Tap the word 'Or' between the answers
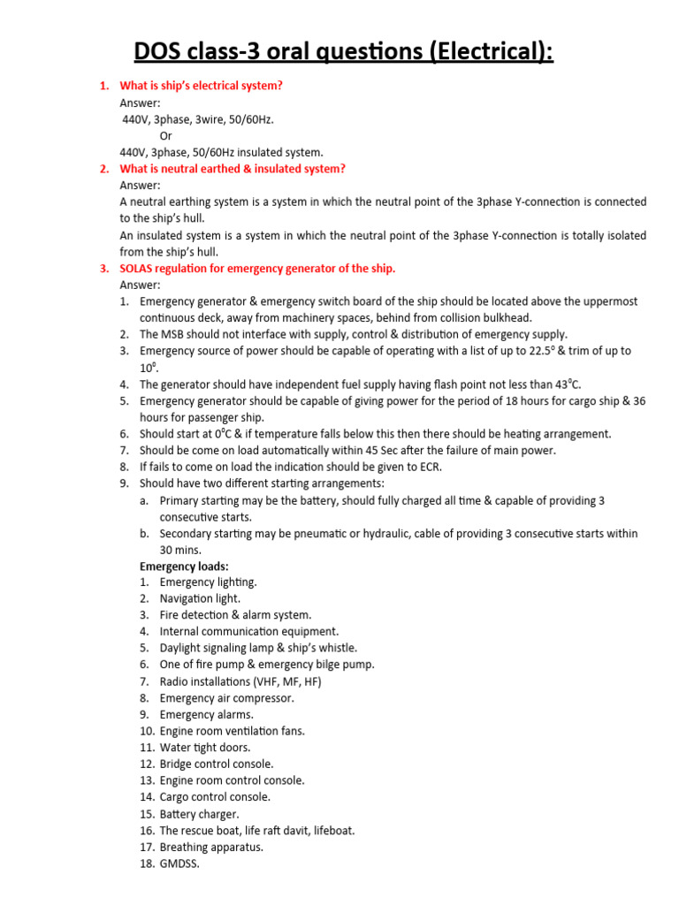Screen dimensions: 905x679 pyautogui.click(x=166, y=135)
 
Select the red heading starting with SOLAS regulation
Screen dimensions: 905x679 pyautogui.click(x=257, y=269)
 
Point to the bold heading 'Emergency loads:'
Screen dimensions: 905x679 pyautogui.click(x=184, y=566)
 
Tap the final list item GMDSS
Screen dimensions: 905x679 pyautogui.click(x=180, y=863)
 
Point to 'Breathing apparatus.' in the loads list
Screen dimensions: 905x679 pyautogui.click(x=211, y=847)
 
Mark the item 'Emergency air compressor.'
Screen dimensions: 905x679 pyautogui.click(x=227, y=697)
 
